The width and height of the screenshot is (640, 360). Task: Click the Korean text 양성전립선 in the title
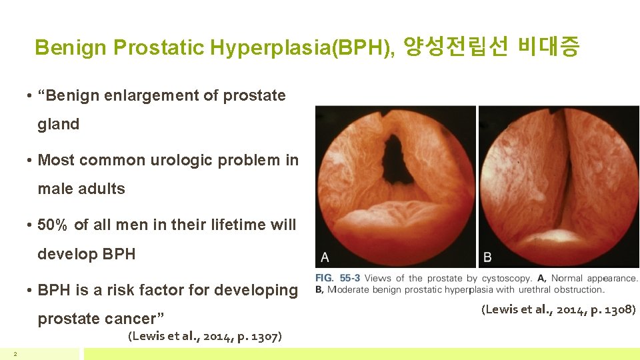point(457,47)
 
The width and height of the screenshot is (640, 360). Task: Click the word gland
point(59,124)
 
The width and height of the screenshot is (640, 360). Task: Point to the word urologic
point(177,160)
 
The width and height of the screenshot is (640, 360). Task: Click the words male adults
point(81,189)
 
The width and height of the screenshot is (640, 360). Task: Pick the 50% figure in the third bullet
point(53,225)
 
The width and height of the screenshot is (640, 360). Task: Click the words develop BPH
point(87,254)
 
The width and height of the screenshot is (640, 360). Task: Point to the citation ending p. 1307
point(204,336)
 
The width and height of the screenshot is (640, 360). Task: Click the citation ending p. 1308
point(558,309)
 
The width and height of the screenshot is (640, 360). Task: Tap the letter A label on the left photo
point(325,257)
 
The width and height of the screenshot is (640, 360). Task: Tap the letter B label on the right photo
point(487,257)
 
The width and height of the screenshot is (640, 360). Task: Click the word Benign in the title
point(71,48)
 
